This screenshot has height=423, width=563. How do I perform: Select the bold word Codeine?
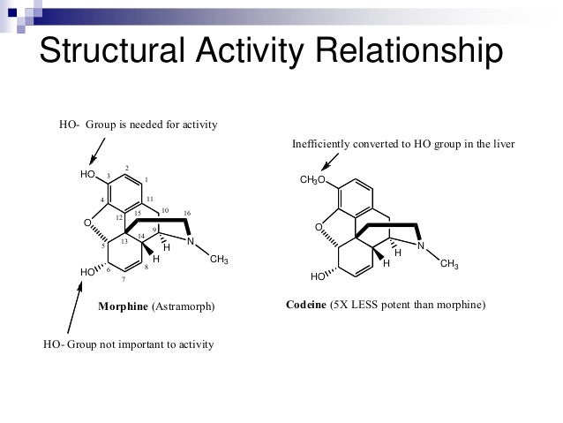(305, 305)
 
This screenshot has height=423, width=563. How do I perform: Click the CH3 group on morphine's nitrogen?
(219, 258)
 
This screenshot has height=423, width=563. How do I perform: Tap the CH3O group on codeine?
(312, 181)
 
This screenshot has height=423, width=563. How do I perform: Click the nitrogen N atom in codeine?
(421, 245)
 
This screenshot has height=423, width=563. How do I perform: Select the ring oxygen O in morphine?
(87, 223)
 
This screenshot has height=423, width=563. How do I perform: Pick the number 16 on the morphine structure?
(187, 213)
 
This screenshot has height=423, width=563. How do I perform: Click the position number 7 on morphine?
(124, 279)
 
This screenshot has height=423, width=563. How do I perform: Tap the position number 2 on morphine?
(127, 168)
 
